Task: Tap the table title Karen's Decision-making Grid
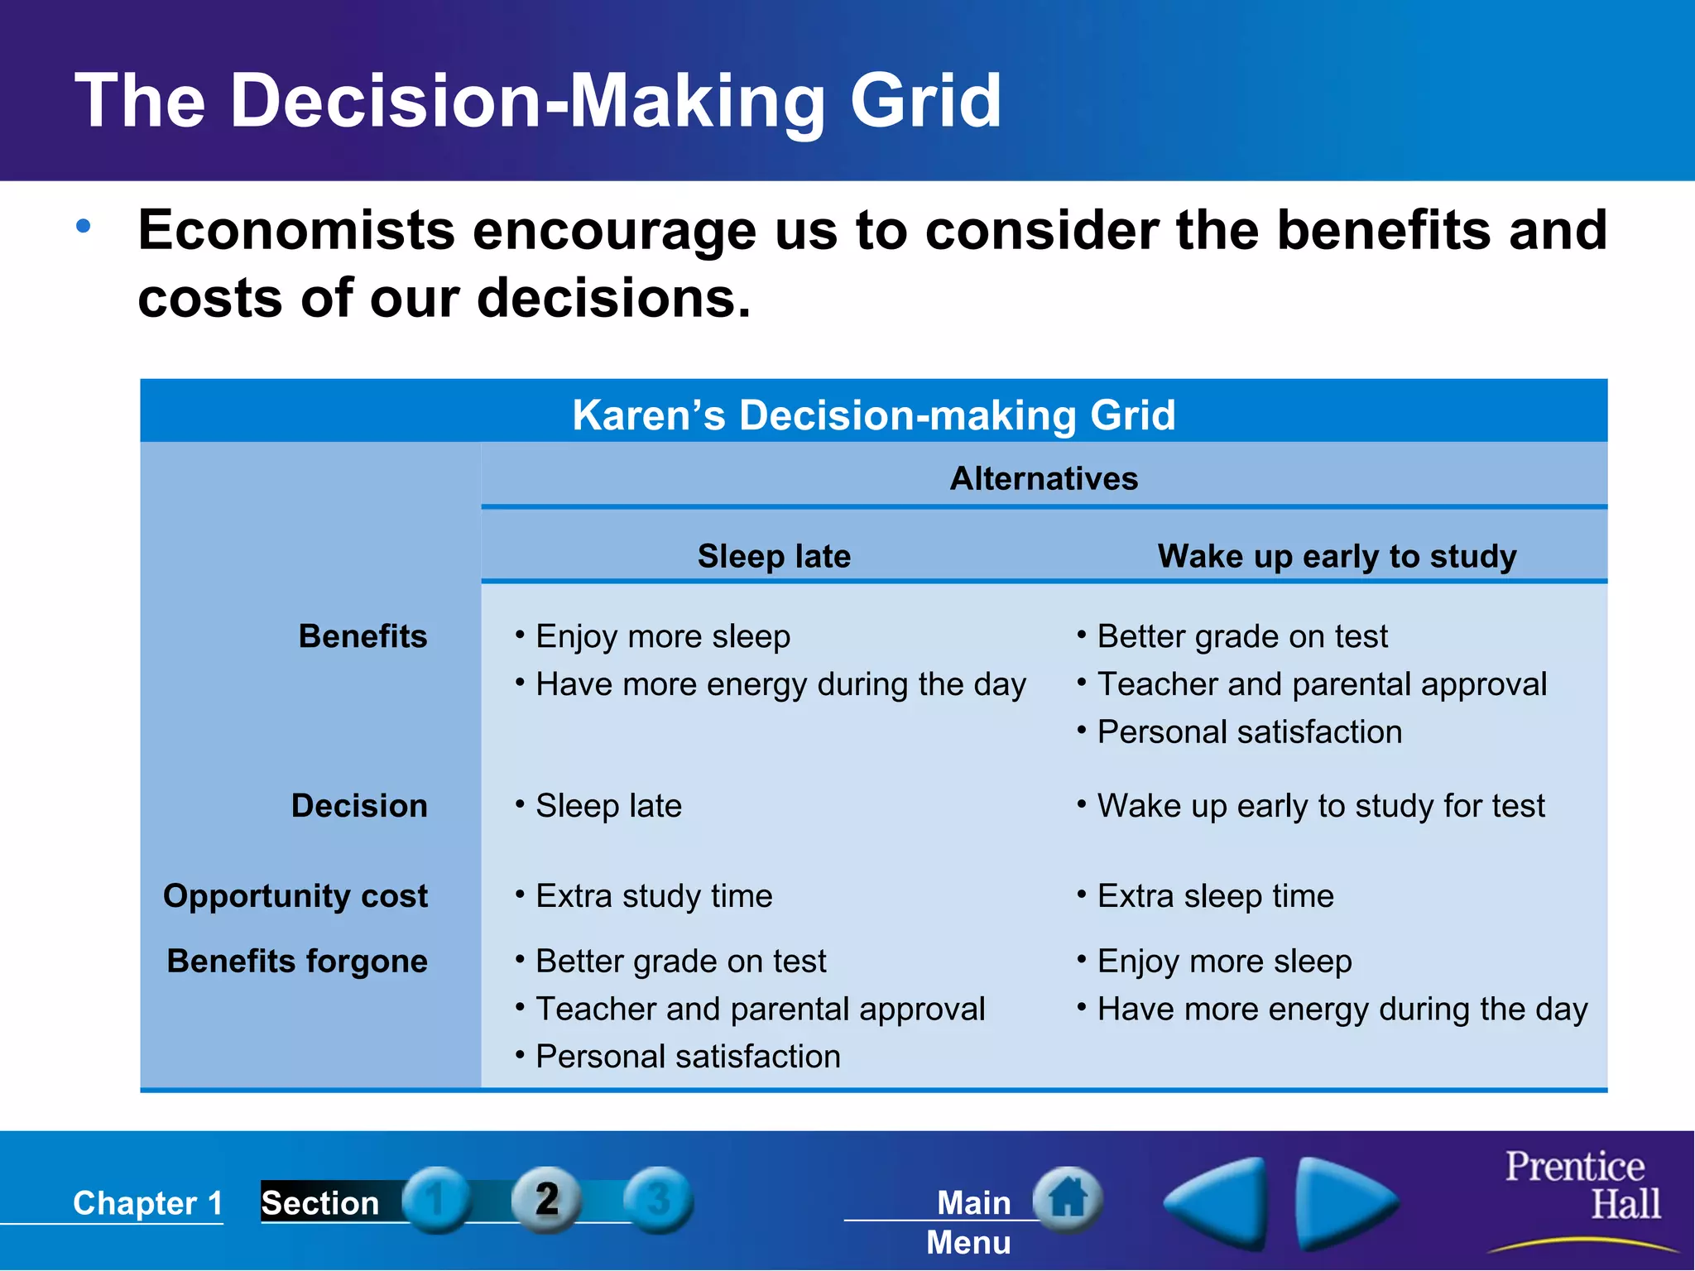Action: (873, 415)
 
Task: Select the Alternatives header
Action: (1043, 478)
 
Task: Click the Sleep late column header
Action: (773, 555)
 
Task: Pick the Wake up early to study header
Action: (1336, 555)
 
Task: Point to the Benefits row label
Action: (363, 636)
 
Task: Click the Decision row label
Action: (359, 805)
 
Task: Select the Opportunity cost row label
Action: (295, 895)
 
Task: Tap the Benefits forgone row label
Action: (297, 961)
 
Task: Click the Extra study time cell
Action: (653, 895)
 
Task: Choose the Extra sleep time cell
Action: (1215, 895)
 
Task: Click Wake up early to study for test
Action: (1320, 805)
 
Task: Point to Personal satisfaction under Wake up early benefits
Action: (1249, 731)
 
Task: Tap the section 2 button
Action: (546, 1199)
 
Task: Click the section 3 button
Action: (658, 1199)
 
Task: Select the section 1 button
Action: (436, 1199)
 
